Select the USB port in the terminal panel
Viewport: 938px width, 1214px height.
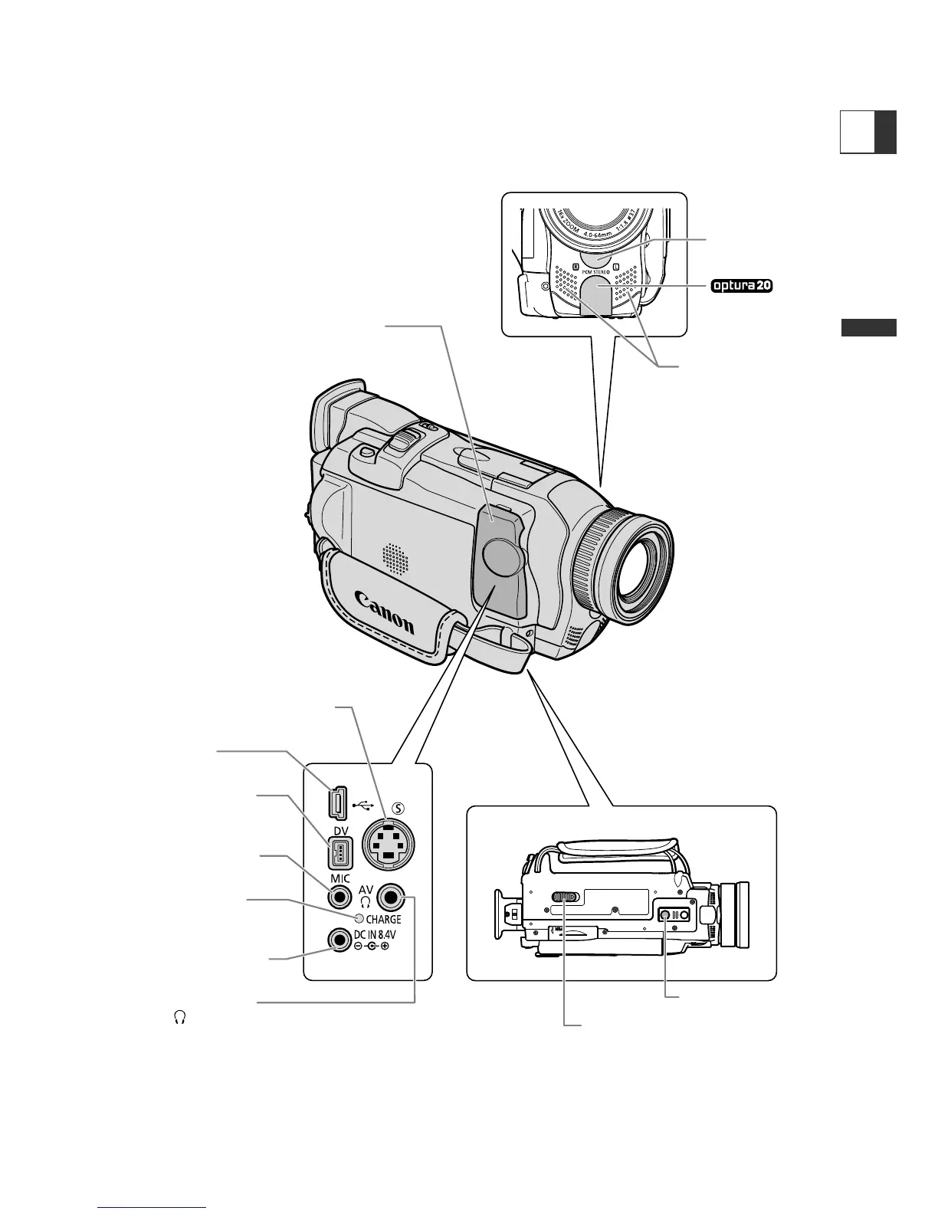click(337, 804)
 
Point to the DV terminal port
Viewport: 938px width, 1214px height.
click(339, 852)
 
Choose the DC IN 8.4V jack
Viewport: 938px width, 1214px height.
click(338, 939)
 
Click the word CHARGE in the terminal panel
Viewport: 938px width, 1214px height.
click(383, 919)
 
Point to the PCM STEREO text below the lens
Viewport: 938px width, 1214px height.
click(594, 271)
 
